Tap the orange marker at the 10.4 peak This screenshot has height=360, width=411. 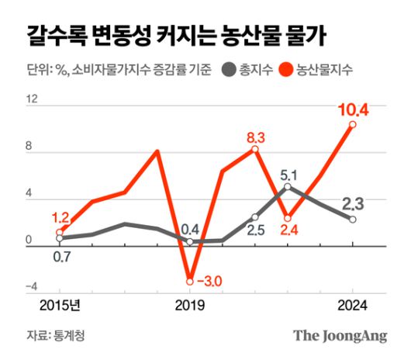353,124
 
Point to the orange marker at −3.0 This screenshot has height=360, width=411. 189,281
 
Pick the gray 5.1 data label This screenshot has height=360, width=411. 288,174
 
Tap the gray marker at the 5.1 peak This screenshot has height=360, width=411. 288,187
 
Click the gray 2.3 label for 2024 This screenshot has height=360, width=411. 353,205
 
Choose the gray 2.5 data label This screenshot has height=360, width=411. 256,230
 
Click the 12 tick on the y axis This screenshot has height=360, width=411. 31,100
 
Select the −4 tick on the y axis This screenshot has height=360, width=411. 31,287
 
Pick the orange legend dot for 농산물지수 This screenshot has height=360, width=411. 286,71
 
